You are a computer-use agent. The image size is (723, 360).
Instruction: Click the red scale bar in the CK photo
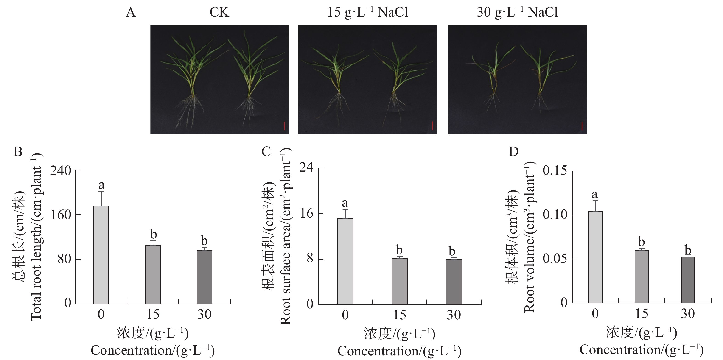[284, 126]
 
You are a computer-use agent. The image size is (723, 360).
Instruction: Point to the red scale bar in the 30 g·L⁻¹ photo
[582, 126]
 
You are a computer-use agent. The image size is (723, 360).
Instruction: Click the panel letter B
[18, 152]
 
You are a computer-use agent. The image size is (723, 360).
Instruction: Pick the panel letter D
[514, 152]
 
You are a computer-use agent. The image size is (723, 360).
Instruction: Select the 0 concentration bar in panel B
[101, 254]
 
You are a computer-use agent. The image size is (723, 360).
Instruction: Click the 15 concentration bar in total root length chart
[153, 274]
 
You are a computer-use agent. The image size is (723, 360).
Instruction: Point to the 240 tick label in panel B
[61, 171]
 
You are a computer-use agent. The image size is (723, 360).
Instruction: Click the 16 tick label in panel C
[306, 214]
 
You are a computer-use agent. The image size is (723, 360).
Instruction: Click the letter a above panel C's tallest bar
[345, 203]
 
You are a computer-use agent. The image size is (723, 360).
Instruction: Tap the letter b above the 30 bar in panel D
[688, 249]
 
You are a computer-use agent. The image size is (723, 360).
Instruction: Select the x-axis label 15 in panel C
[399, 315]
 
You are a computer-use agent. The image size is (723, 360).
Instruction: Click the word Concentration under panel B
[131, 350]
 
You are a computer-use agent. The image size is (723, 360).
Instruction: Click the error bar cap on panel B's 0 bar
[101, 192]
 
